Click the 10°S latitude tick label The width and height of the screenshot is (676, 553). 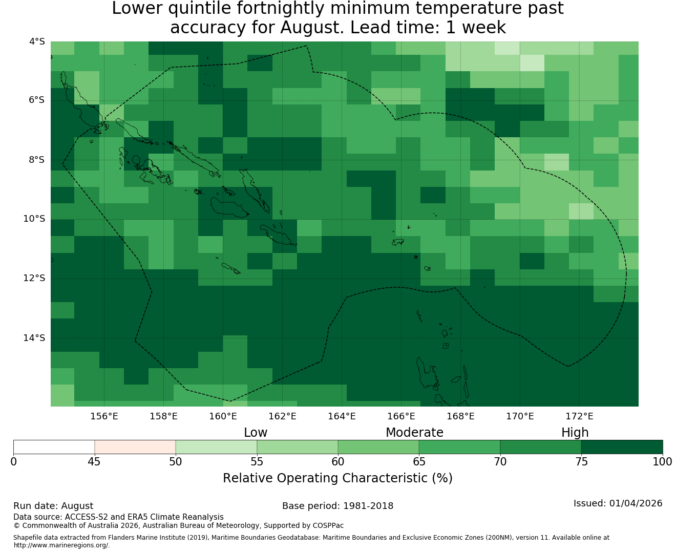34,219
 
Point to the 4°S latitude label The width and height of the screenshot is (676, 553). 37,41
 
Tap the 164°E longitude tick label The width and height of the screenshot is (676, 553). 342,416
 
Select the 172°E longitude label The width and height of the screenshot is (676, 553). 579,416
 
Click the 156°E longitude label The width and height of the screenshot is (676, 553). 104,416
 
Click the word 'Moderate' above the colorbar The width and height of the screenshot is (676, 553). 414,433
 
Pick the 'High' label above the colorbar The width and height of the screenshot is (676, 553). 575,433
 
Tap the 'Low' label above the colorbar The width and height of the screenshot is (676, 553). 256,433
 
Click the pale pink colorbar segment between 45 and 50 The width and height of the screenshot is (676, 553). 135,447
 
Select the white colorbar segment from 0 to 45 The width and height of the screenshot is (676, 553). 54,447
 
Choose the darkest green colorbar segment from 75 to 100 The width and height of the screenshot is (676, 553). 622,447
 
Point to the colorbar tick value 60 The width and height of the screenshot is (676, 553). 338,462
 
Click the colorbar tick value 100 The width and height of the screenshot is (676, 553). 662,462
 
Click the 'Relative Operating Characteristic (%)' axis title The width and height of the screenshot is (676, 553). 337,478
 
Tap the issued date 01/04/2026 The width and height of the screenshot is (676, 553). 636,503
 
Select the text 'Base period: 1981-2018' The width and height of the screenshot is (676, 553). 337,506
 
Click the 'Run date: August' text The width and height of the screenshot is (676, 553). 53,506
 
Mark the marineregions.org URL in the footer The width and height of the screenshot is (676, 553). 61,545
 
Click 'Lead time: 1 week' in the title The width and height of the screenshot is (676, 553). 428,27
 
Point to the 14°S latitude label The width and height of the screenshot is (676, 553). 34,338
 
